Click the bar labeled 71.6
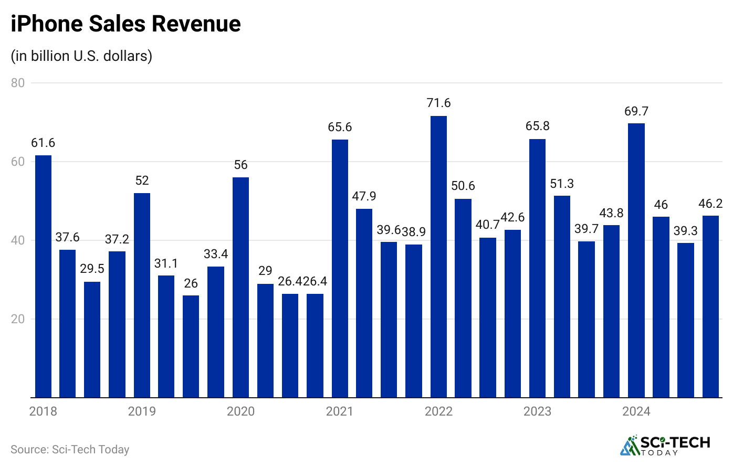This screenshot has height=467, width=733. click(x=438, y=257)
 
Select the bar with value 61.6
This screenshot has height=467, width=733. click(x=43, y=276)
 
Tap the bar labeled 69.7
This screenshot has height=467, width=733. click(x=636, y=260)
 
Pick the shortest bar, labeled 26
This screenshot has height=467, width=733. click(x=191, y=346)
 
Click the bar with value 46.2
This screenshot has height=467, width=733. click(x=710, y=306)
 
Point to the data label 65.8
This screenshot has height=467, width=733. click(x=537, y=126)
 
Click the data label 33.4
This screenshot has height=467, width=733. click(x=216, y=254)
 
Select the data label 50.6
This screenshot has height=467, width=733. click(x=463, y=186)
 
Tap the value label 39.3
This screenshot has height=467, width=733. click(x=686, y=231)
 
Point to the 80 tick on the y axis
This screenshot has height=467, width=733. click(x=18, y=83)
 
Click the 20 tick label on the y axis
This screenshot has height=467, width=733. click(x=18, y=319)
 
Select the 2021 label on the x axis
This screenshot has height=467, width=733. click(x=340, y=411)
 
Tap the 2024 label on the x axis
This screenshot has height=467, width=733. click(x=636, y=411)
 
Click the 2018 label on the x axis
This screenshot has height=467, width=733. click(x=43, y=411)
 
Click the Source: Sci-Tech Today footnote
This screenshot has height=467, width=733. click(x=70, y=450)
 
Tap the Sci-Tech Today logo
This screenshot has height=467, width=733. click(x=665, y=445)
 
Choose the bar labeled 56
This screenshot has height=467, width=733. click(x=240, y=287)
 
